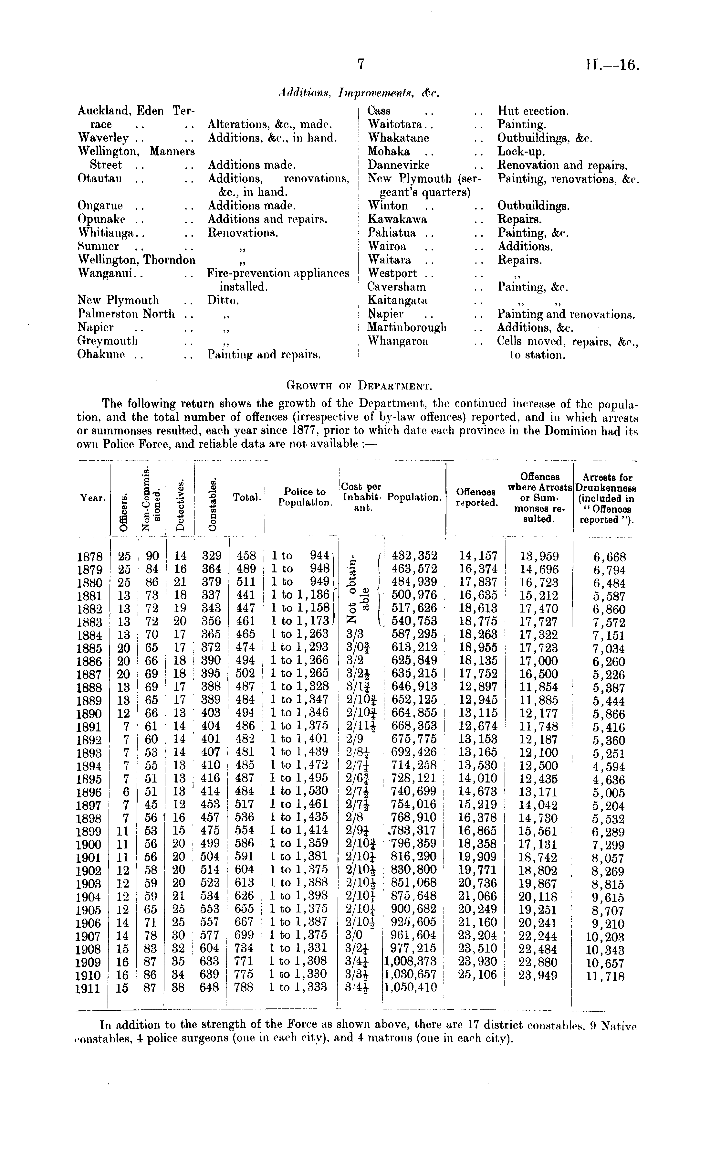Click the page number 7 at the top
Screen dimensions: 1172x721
click(x=360, y=64)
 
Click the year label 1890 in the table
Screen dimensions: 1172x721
click(x=89, y=714)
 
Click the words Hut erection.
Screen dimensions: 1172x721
click(x=533, y=111)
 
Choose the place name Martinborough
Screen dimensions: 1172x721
click(x=407, y=328)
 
